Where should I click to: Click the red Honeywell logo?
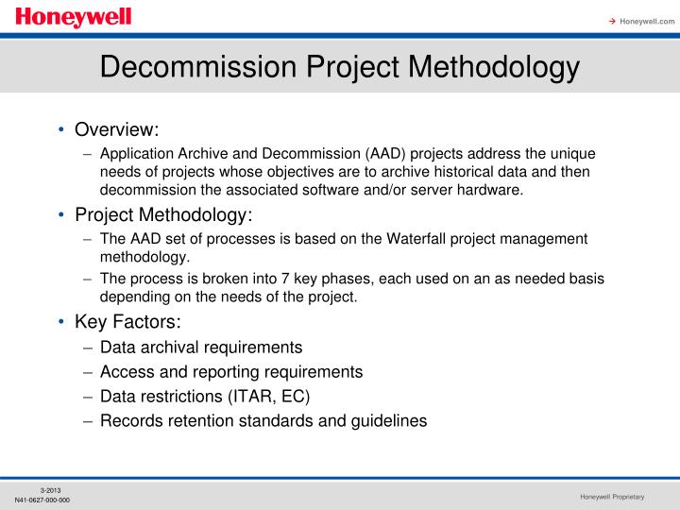73,17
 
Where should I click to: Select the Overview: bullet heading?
117,129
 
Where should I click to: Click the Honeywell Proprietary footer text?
612,497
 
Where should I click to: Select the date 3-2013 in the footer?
51,488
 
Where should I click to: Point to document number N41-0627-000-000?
42,500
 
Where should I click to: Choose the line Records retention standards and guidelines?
263,420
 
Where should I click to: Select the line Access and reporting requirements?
231,371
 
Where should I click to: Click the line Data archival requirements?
201,347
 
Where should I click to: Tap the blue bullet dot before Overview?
61,129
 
